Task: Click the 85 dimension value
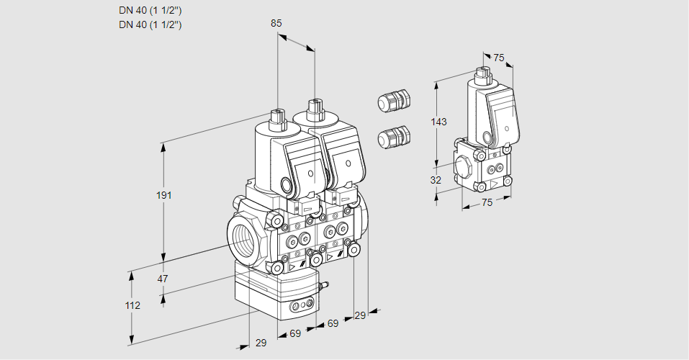[x=276, y=23]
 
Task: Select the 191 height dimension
[x=165, y=195]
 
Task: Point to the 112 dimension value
[x=132, y=305]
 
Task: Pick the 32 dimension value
[x=436, y=180]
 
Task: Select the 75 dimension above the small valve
[x=498, y=58]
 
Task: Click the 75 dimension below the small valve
[x=487, y=203]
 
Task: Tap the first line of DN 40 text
[x=150, y=11]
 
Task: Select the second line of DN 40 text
[x=150, y=24]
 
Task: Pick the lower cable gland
[x=393, y=136]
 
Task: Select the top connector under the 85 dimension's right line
[x=314, y=109]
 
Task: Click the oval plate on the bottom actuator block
[x=301, y=307]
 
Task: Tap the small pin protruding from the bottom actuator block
[x=324, y=287]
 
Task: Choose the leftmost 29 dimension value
[x=261, y=343]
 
